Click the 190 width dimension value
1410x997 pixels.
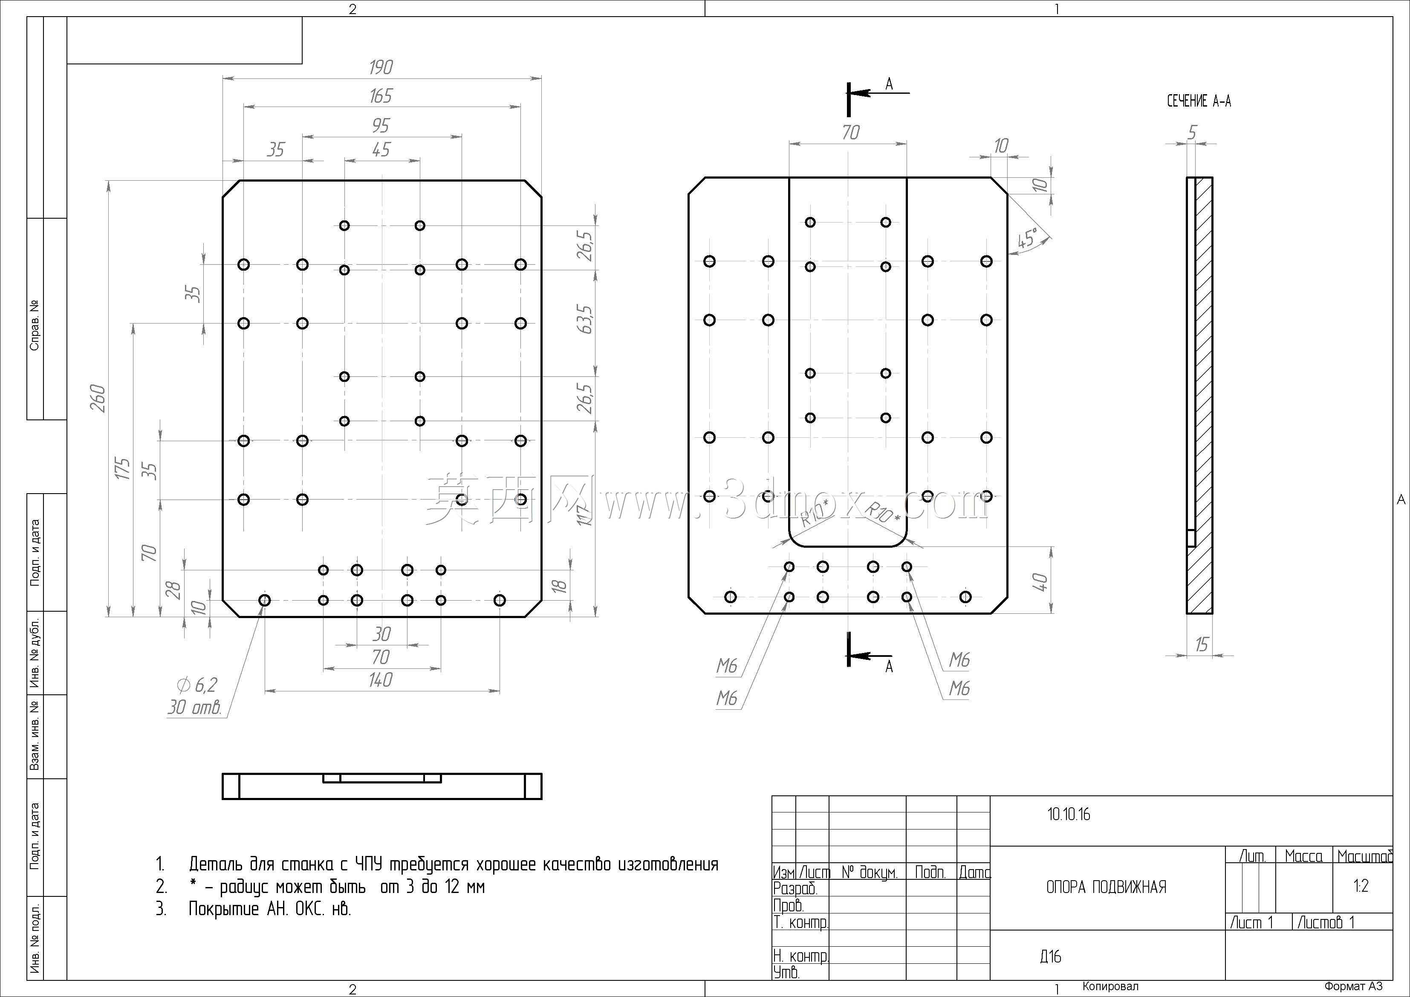tap(381, 67)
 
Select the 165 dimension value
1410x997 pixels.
tap(381, 96)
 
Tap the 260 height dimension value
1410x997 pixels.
tap(98, 398)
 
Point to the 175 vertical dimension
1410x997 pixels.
tap(123, 469)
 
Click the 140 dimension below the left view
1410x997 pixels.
tap(381, 680)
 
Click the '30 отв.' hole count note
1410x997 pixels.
tap(194, 708)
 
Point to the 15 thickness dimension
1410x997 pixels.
tap(1201, 644)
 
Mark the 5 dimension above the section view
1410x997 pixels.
tap(1193, 132)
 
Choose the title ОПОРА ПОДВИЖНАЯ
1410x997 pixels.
tap(1106, 887)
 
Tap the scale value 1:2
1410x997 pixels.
tap(1361, 886)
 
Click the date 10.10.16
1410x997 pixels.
tap(1069, 815)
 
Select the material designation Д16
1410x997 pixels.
tap(1051, 957)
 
